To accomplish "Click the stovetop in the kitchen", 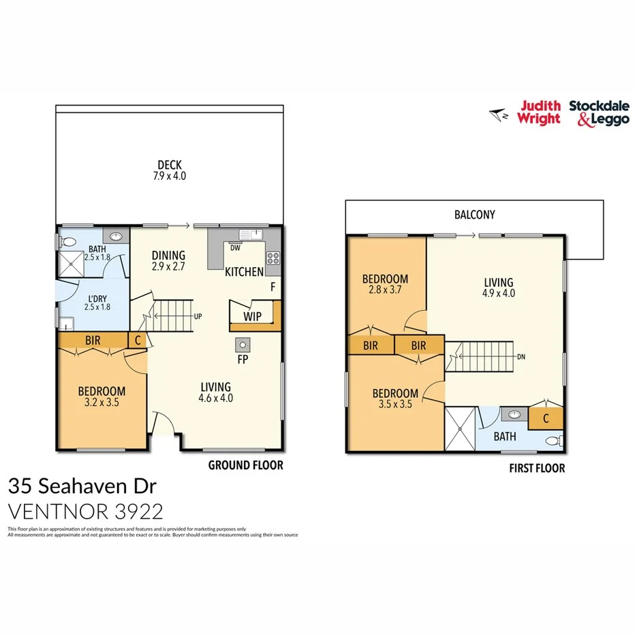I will tap(273, 258).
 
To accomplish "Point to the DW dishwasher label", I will tap(234, 248).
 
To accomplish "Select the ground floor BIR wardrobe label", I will tap(94, 340).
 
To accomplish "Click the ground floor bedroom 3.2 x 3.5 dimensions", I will tap(102, 402).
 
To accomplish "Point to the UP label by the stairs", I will tap(198, 317).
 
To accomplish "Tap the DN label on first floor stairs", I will tap(521, 356).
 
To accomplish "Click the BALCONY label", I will tap(474, 215).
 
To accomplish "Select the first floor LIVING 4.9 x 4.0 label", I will tap(498, 288).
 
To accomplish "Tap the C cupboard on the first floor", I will tap(546, 418).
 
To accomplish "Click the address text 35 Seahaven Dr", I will tap(82, 486).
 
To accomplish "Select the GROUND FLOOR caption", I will tap(245, 466).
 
